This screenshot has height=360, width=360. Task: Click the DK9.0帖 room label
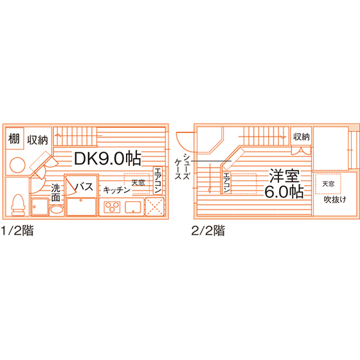point(107,158)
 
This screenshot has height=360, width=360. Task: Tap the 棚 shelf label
point(14,139)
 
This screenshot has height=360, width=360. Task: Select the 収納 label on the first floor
point(38,140)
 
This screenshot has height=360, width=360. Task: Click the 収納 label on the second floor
point(301,137)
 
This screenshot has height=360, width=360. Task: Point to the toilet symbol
point(18,205)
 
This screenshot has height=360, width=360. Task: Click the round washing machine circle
point(17,165)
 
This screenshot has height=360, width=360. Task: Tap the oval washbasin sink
point(57,210)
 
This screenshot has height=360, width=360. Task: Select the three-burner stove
point(112,207)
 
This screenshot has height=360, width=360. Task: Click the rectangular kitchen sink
point(133,207)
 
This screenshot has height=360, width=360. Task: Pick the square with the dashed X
point(155,207)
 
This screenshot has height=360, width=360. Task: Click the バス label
point(84,187)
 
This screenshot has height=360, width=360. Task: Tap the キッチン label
point(117,190)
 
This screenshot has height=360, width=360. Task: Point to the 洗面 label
point(56,192)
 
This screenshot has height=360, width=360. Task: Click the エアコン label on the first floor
point(158,180)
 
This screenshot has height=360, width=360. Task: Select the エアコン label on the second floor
point(226,183)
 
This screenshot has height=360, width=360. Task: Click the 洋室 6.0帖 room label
point(284,184)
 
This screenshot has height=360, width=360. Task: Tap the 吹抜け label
point(335,199)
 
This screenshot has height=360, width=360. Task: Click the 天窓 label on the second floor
point(328,184)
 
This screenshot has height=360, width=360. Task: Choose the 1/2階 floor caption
point(17,230)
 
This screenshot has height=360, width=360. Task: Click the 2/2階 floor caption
point(208,230)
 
